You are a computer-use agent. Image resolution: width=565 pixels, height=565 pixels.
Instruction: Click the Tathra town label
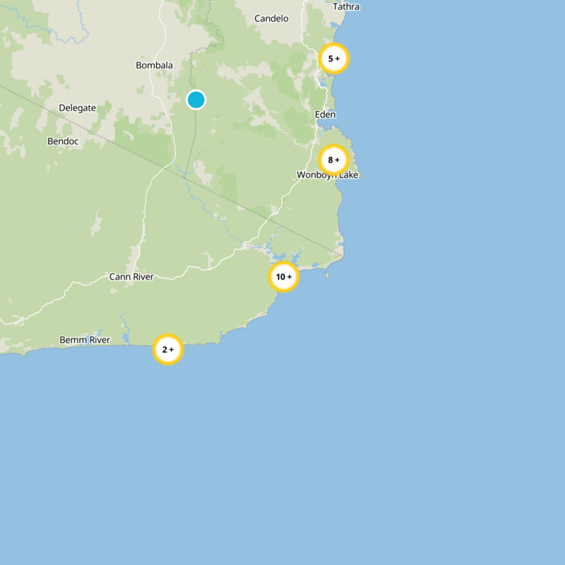pyautogui.click(x=346, y=7)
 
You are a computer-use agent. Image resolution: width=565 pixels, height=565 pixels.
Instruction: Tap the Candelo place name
pyautogui.click(x=271, y=18)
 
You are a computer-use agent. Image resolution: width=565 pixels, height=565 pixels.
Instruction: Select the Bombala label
pyautogui.click(x=154, y=66)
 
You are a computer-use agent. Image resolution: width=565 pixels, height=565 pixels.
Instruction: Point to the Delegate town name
pyautogui.click(x=77, y=108)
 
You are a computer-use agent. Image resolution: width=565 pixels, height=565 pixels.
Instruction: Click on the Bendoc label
pyautogui.click(x=63, y=141)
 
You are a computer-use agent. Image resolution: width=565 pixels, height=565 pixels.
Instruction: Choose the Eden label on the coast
pyautogui.click(x=326, y=114)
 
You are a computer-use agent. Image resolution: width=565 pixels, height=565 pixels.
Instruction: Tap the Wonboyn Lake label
pyautogui.click(x=328, y=174)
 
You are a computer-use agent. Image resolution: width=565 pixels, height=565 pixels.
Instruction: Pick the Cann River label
pyautogui.click(x=131, y=277)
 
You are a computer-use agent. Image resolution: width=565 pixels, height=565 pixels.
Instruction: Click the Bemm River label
pyautogui.click(x=85, y=340)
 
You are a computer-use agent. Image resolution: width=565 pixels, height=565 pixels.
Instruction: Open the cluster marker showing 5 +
pyautogui.click(x=334, y=59)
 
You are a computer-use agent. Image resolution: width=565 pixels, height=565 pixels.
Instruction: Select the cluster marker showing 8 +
pyautogui.click(x=333, y=160)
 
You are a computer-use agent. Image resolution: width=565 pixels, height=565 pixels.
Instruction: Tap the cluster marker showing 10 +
pyautogui.click(x=284, y=277)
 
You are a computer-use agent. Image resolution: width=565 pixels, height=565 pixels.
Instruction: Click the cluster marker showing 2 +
pyautogui.click(x=168, y=350)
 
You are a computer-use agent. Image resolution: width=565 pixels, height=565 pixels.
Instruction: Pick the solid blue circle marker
pyautogui.click(x=196, y=100)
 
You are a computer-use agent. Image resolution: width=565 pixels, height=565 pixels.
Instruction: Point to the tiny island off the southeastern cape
pyautogui.click(x=327, y=275)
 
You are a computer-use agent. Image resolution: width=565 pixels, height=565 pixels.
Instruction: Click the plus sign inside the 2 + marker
pyautogui.click(x=172, y=350)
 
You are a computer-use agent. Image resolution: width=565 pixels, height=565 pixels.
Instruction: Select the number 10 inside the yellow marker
pyautogui.click(x=280, y=277)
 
